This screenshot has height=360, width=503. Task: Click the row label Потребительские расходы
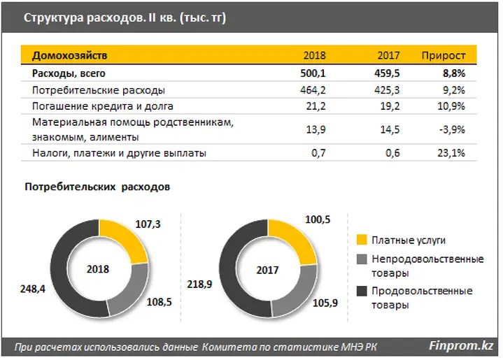pyautogui.click(x=99, y=90)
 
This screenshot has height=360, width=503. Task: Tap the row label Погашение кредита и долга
pyautogui.click(x=103, y=107)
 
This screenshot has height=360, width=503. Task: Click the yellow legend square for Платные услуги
pyautogui.click(x=361, y=240)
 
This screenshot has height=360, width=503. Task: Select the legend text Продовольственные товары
pyautogui.click(x=422, y=298)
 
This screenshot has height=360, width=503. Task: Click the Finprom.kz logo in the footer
pyautogui.click(x=461, y=345)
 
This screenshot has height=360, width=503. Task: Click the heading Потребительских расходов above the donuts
pyautogui.click(x=97, y=187)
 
